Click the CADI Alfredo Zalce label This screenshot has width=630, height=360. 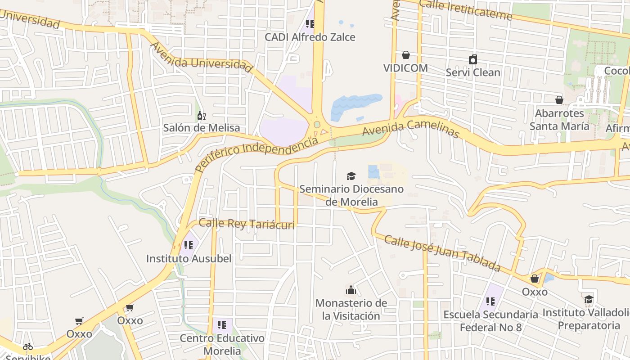pos(310,37)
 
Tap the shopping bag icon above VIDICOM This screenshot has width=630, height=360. pos(406,55)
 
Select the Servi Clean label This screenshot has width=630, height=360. pos(473,72)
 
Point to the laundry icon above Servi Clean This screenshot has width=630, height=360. pos(473,59)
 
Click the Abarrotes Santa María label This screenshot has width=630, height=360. pos(559,120)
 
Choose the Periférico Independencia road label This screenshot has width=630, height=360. pos(256,154)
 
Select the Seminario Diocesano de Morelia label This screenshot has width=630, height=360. pos(351,195)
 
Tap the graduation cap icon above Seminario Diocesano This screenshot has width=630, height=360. pos(351,176)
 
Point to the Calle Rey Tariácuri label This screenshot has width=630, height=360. pos(247,224)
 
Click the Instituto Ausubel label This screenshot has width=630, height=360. pos(189,259)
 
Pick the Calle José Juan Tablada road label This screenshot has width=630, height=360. pos(442,253)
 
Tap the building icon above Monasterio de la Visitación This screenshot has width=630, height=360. pos(351,290)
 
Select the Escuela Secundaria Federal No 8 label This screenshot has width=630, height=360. pos(490,321)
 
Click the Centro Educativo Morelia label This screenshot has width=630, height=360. pos(222,344)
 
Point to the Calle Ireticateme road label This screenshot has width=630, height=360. pos(466,11)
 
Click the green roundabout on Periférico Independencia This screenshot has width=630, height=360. pos(317,124)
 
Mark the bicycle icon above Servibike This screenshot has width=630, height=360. pos(28,346)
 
